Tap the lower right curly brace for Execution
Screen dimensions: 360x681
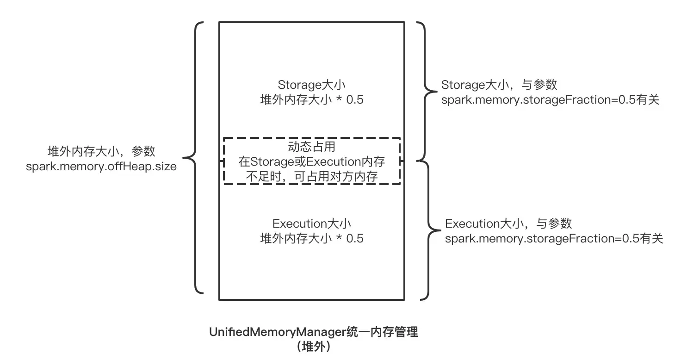click(427, 230)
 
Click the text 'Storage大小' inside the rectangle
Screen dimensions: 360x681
click(311, 85)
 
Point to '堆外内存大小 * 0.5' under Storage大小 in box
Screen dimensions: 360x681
click(311, 99)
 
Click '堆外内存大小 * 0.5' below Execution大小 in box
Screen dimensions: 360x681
click(311, 238)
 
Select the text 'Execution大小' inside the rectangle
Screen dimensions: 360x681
click(311, 223)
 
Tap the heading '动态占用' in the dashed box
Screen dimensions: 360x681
click(311, 147)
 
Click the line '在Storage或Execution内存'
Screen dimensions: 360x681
click(311, 161)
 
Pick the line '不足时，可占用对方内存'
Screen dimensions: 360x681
click(311, 176)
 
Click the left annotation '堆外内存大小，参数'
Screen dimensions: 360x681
click(101, 151)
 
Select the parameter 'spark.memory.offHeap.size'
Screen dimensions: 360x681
click(101, 166)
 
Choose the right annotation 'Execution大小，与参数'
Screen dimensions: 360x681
click(508, 223)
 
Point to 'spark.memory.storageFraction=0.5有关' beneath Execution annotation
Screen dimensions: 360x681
click(554, 238)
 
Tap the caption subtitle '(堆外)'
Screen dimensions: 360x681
click(314, 347)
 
